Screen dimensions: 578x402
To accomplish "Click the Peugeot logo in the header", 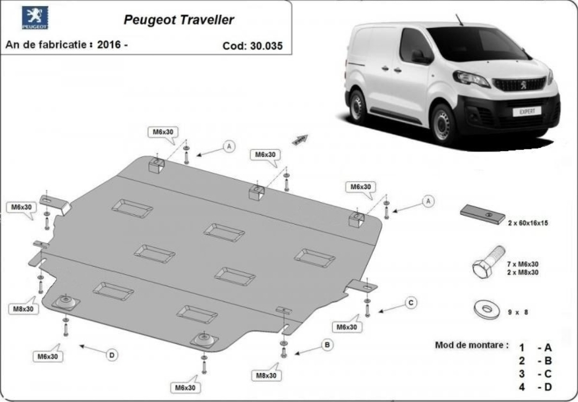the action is (35, 18).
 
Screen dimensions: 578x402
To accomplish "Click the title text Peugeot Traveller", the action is (179, 19).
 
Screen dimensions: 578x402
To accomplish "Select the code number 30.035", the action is (266, 46).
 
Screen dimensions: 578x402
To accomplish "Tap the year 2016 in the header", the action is (109, 45).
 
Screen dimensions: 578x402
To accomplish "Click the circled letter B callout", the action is (327, 345).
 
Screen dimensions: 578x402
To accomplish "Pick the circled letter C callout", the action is (410, 303).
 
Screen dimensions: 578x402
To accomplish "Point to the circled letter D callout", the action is (112, 355).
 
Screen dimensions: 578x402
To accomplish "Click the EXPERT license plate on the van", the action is (526, 111).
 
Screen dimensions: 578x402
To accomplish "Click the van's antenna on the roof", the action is (459, 20).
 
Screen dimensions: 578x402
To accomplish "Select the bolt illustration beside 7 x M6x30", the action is (488, 262).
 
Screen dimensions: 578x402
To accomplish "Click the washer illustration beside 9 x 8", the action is (487, 309).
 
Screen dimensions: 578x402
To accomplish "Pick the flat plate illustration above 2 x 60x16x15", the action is (482, 214).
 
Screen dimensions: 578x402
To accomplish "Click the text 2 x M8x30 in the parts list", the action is (523, 272).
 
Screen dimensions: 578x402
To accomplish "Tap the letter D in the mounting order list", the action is (548, 387).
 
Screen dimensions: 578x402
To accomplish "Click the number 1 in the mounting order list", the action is (522, 348).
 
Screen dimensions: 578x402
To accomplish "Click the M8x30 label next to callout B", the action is (266, 376).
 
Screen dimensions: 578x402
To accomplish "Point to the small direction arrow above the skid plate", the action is (300, 140).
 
